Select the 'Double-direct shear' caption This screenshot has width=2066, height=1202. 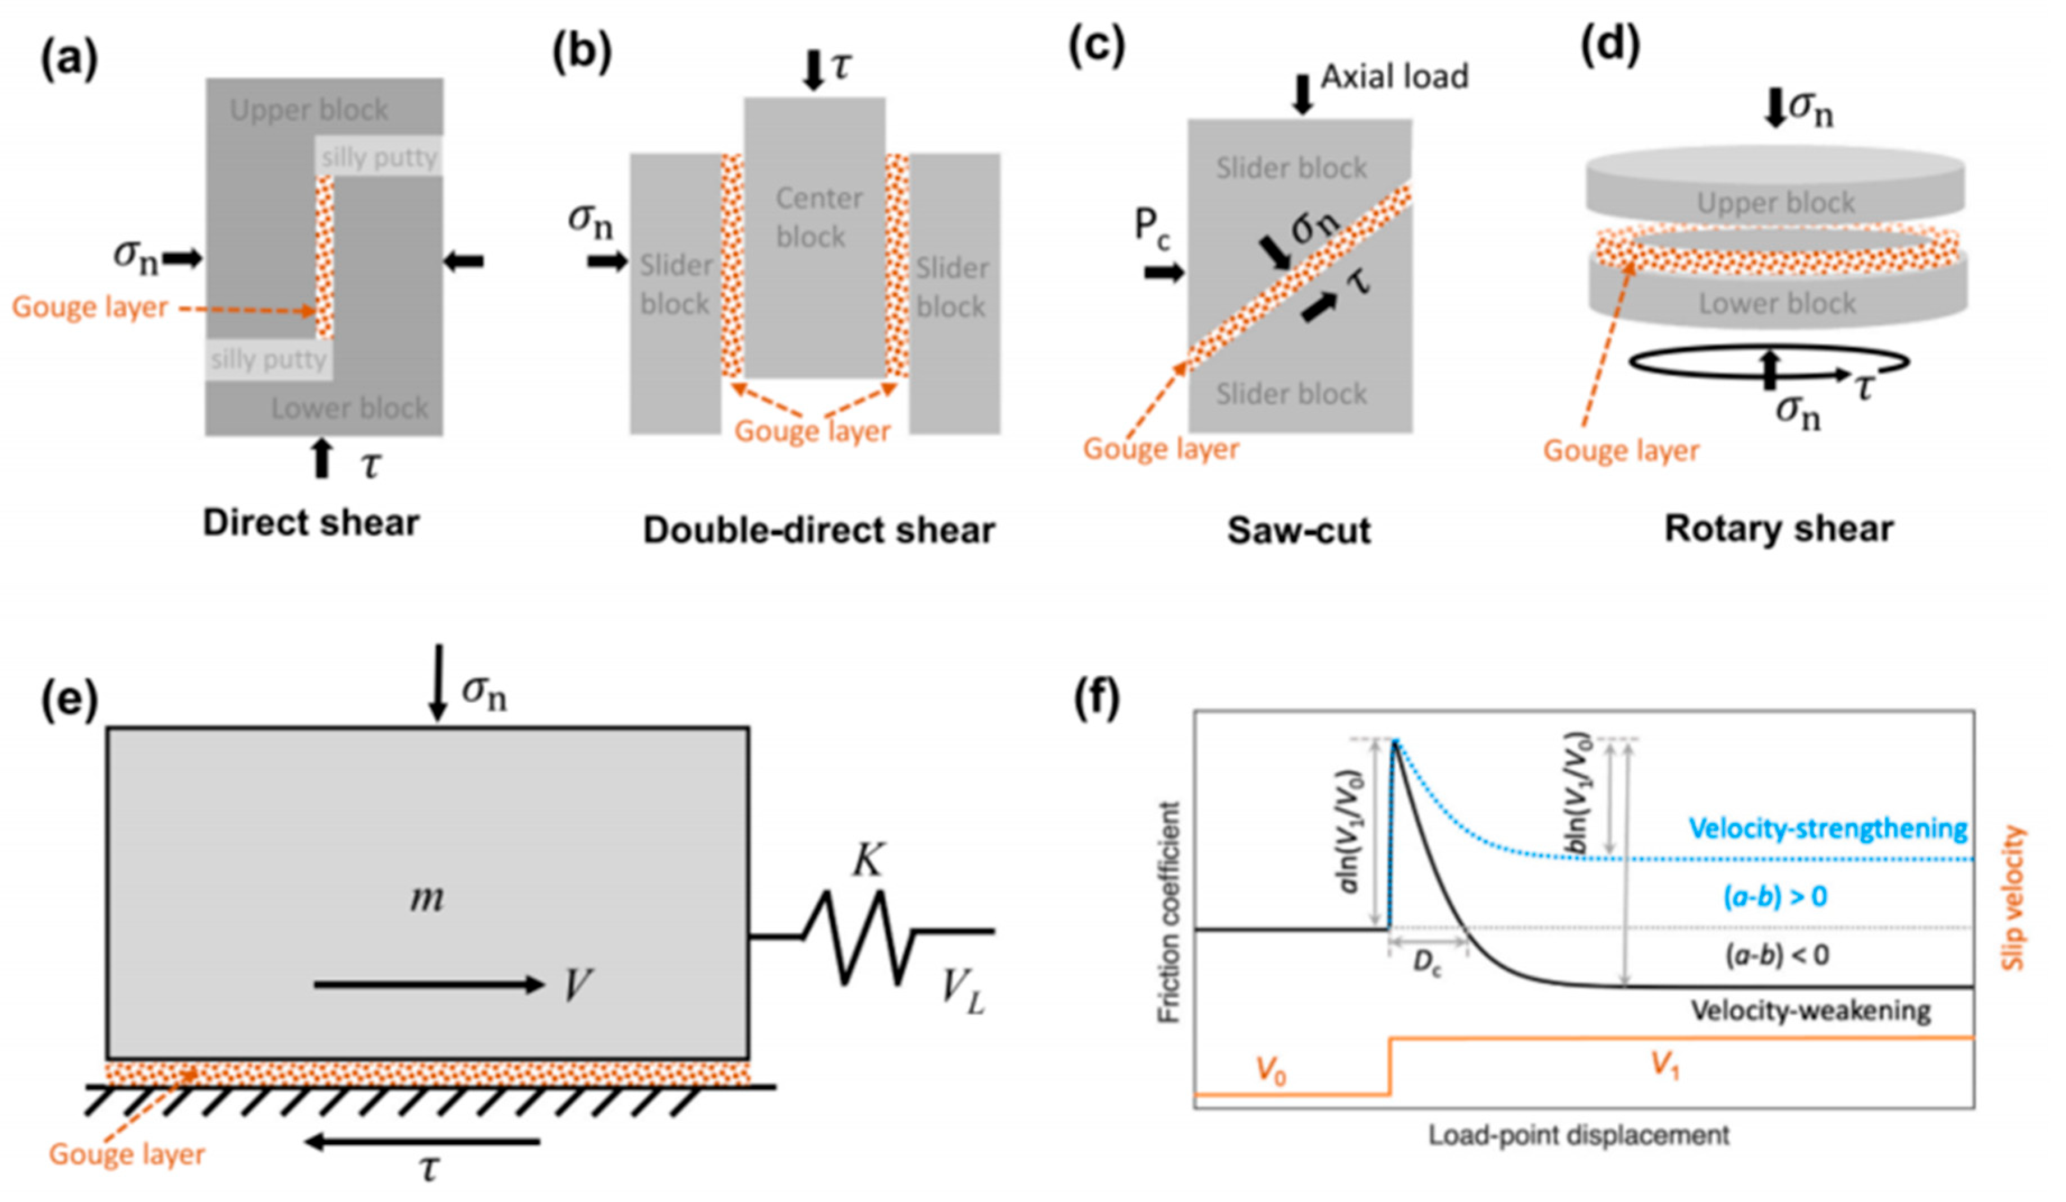point(818,531)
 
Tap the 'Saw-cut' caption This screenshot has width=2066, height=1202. point(1299,531)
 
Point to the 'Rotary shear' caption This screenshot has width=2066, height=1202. point(1778,529)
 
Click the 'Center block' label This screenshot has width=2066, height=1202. point(817,217)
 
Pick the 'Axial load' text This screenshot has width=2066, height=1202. point(1395,77)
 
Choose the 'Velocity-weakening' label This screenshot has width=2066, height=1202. point(1810,1011)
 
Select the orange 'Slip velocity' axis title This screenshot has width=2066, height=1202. point(2013,898)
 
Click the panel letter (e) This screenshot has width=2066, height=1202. point(70,702)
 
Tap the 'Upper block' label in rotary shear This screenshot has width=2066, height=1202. point(1775,202)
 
